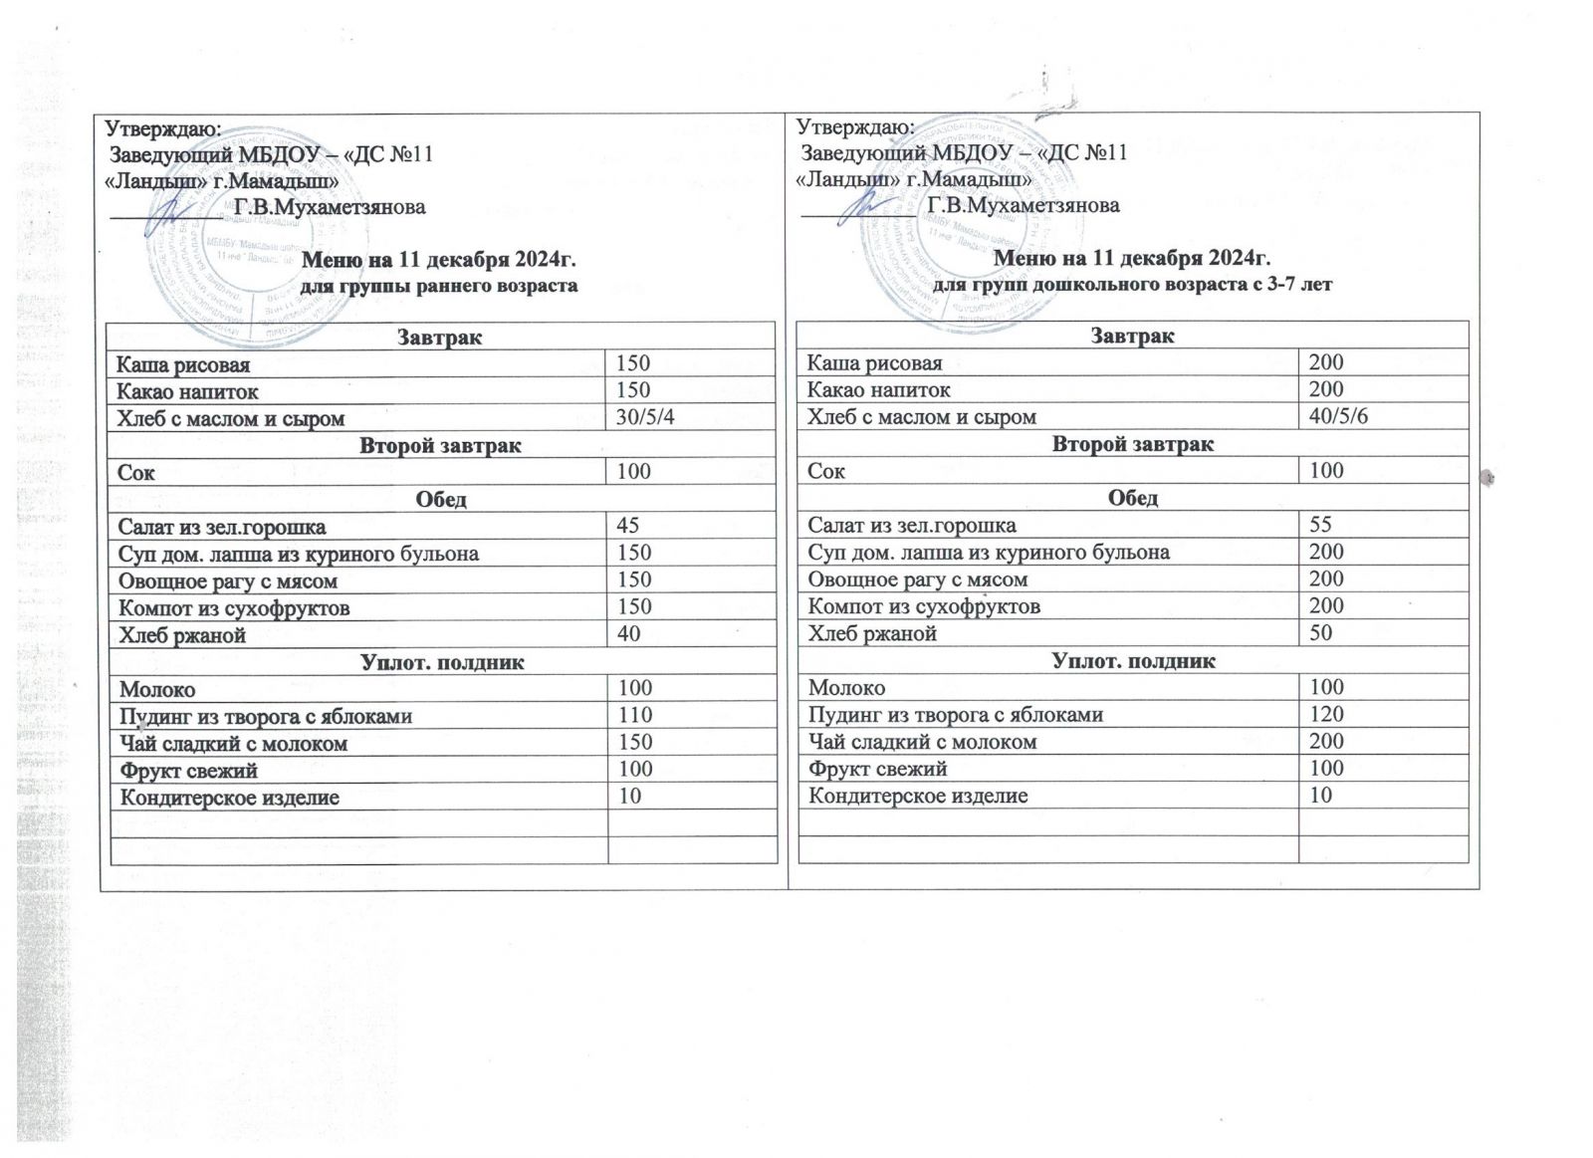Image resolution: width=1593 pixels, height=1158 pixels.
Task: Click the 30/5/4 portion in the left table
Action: click(x=645, y=417)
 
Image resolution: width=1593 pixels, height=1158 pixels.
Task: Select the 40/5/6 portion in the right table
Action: click(x=1339, y=416)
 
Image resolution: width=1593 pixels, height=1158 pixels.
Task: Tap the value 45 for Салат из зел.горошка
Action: click(x=628, y=525)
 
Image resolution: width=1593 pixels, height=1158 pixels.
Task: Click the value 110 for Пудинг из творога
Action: click(x=634, y=715)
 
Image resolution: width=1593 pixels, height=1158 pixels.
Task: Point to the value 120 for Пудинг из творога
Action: click(x=1327, y=714)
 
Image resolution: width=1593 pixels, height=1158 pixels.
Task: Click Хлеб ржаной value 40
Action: click(x=628, y=634)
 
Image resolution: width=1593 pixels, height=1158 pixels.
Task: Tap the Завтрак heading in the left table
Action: click(x=441, y=338)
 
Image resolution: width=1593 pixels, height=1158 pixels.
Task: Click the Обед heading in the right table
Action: click(x=1133, y=498)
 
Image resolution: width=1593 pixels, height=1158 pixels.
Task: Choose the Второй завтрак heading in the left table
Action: click(x=441, y=445)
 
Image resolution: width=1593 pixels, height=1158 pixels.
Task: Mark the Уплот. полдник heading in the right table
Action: click(x=1133, y=660)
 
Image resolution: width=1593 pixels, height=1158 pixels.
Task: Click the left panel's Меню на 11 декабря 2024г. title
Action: click(x=440, y=261)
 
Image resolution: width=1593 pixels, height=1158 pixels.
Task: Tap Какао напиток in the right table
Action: click(x=879, y=389)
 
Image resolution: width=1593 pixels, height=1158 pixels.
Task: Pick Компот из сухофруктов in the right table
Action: click(x=924, y=606)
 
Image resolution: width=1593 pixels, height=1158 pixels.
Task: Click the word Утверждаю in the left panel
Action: click(x=163, y=128)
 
